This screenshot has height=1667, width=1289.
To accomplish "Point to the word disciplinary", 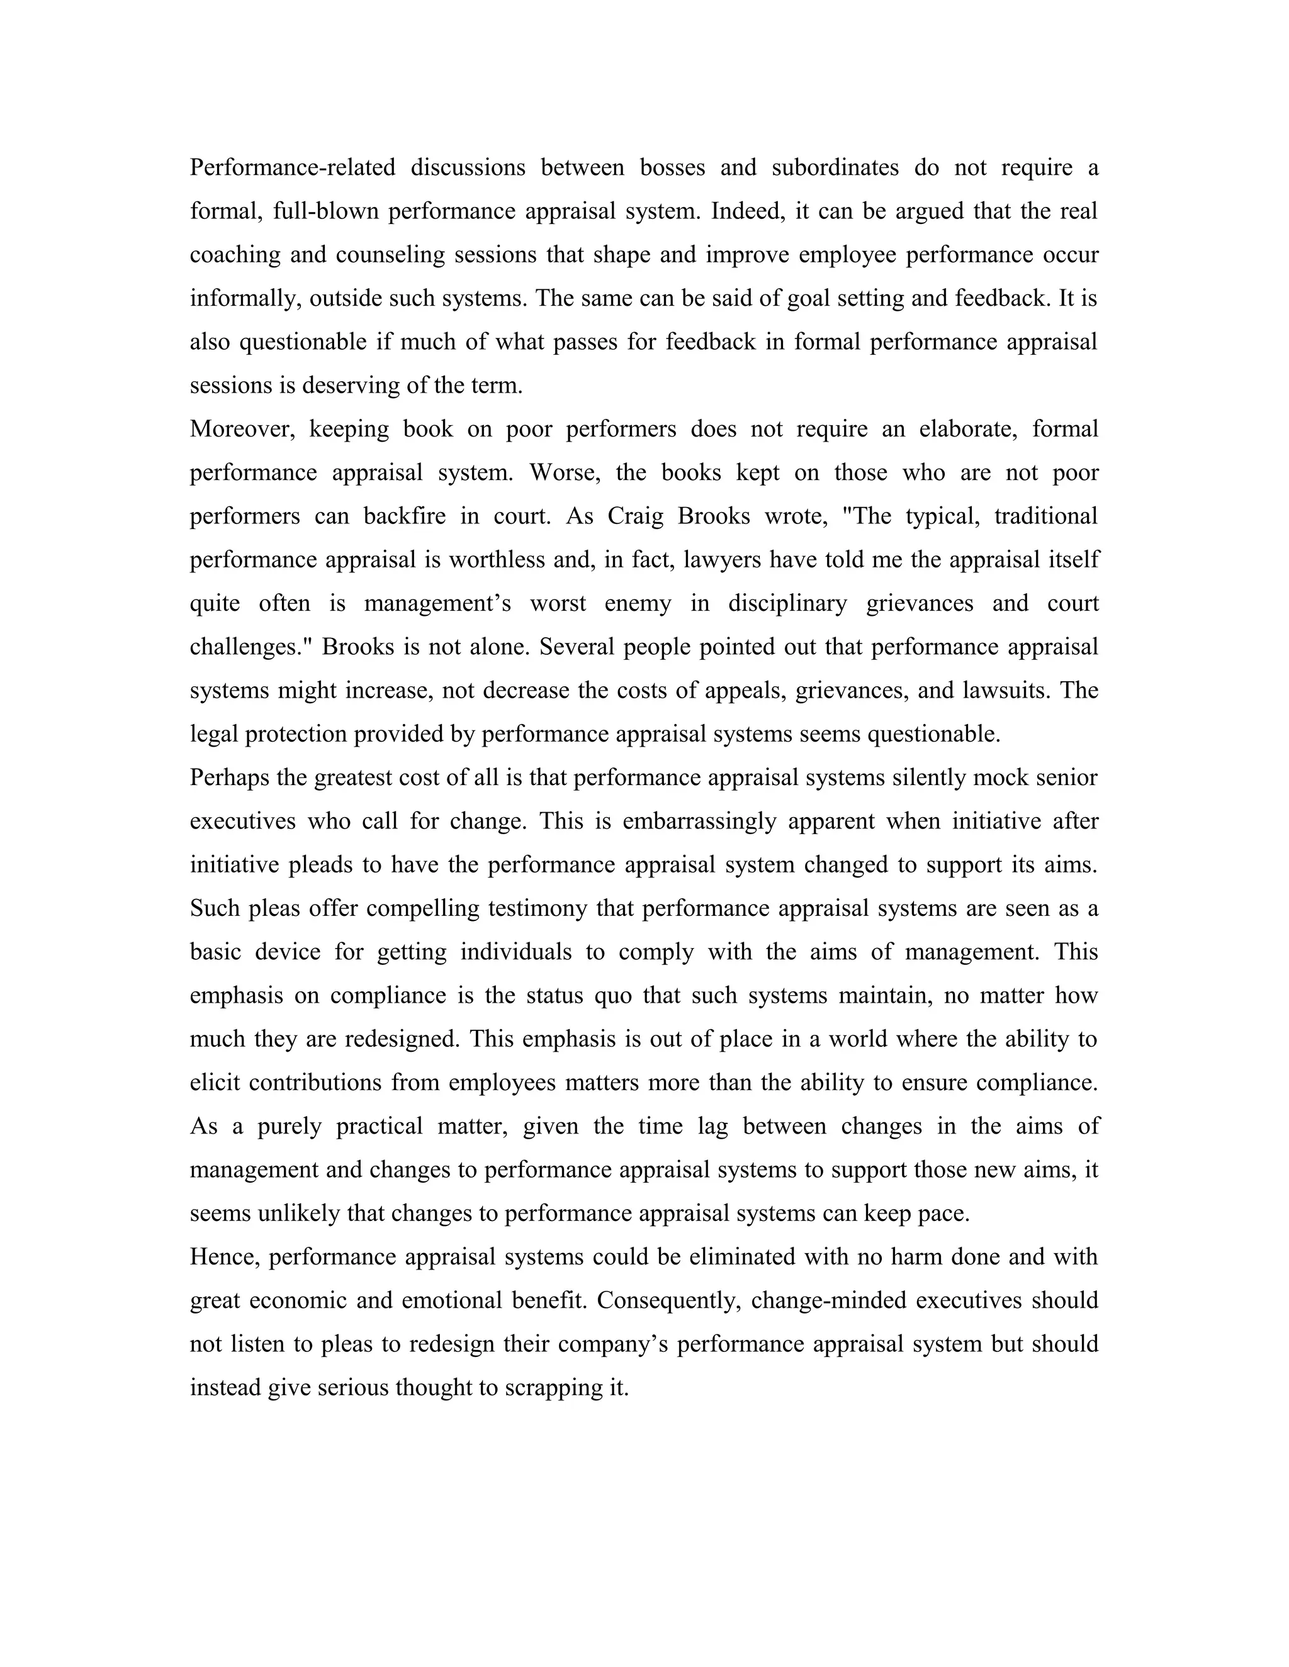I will tap(787, 603).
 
